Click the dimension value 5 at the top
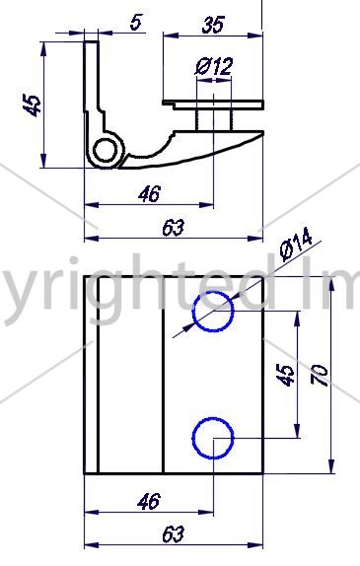coord(135,22)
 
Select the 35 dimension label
coord(213,25)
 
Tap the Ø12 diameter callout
coord(214,66)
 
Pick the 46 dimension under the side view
coord(149,194)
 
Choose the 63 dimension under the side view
coord(174,228)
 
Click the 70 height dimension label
coord(320,376)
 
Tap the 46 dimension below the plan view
coord(149,501)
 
